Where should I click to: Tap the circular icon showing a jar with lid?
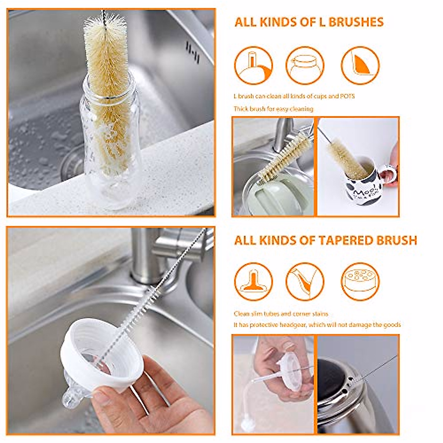[305, 65]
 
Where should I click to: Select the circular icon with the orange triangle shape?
[360, 65]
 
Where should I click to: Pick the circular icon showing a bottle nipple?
[253, 281]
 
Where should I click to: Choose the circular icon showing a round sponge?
[360, 281]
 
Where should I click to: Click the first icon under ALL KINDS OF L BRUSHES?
[253, 65]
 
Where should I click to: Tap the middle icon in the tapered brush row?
[305, 281]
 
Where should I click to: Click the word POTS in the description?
[347, 96]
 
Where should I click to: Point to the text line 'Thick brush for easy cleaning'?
[273, 109]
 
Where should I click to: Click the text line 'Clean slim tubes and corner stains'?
[281, 314]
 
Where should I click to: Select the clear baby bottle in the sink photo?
[111, 148]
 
